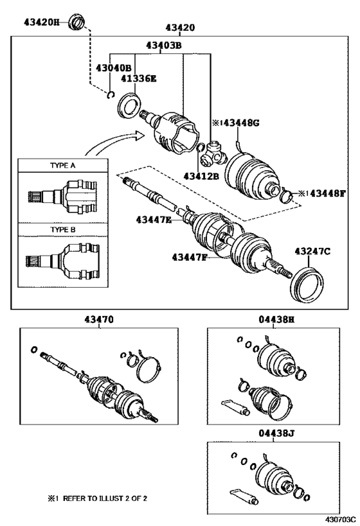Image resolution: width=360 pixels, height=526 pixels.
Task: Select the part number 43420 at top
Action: tap(180, 28)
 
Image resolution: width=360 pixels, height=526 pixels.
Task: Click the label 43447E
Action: tap(154, 220)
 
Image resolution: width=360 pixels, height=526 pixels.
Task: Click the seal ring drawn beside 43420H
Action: tap(77, 24)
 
